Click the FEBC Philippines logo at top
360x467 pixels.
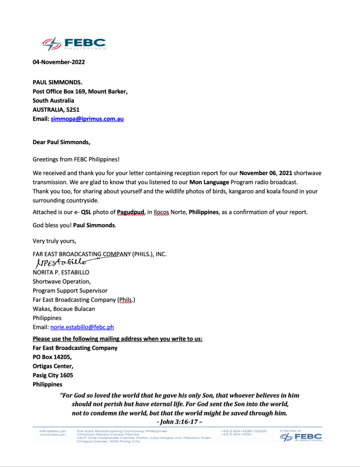coord(74,44)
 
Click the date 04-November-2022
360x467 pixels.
coord(58,62)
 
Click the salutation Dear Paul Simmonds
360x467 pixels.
coord(61,142)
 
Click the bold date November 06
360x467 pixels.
coord(259,173)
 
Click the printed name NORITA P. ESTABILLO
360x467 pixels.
coord(61,272)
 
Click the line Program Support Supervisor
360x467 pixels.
coord(70,291)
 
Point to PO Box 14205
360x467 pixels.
coord(52,357)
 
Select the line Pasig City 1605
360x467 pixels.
coord(52,375)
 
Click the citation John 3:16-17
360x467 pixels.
coord(179,421)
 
